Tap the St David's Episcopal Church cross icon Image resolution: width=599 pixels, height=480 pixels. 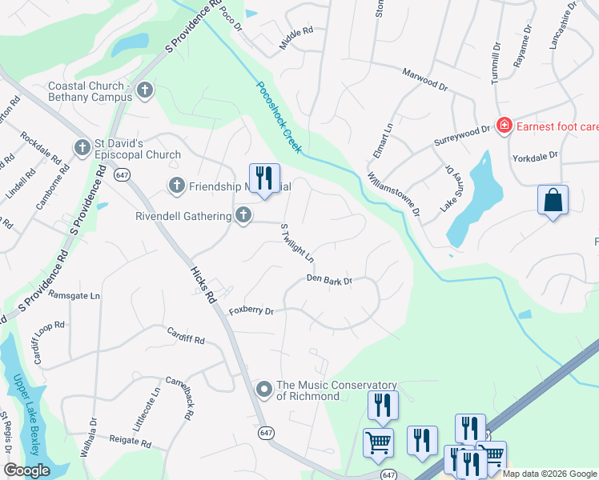[x=82, y=147]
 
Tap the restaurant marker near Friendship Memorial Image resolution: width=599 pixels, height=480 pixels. [x=264, y=178]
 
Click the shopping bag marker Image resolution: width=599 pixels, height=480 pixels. [x=553, y=201]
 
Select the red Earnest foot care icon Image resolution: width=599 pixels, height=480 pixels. [x=504, y=126]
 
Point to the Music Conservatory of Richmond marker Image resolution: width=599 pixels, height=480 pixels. [x=264, y=390]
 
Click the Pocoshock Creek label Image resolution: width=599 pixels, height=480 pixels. [x=279, y=117]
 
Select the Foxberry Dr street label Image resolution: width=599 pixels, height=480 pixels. [x=251, y=310]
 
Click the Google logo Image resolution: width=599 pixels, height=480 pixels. [x=27, y=470]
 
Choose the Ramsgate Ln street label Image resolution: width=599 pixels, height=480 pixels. [x=74, y=295]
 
